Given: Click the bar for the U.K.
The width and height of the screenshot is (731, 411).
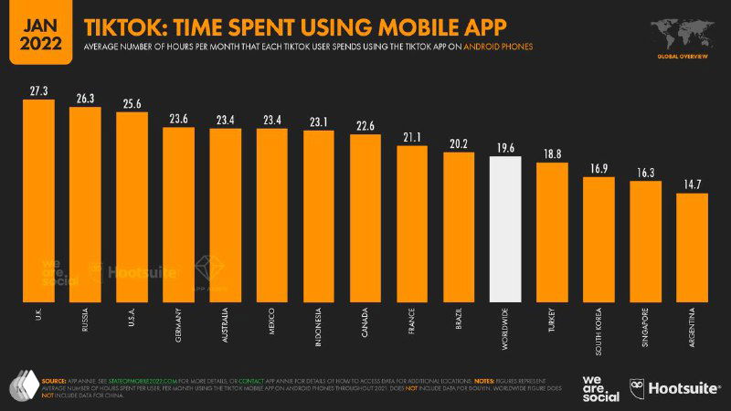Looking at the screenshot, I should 38,201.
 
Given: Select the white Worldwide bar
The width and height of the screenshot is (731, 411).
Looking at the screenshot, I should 505,228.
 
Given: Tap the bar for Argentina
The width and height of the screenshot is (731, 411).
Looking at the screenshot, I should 692,247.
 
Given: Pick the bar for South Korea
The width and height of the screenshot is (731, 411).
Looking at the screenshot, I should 599,238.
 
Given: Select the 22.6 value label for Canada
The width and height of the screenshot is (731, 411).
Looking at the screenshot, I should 365,126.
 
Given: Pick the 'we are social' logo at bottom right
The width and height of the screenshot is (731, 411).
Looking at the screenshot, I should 600,387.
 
